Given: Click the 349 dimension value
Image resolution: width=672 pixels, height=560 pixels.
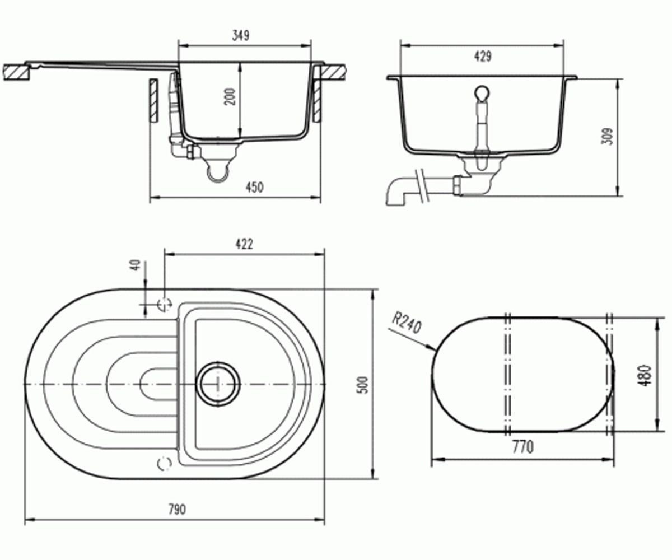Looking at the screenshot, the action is tap(241, 35).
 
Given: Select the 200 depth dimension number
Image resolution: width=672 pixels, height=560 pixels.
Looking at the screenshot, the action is tap(230, 96).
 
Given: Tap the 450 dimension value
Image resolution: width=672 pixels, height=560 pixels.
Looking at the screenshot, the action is tap(255, 187).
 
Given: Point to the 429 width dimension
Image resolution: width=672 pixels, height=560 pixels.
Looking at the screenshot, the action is tap(483, 57).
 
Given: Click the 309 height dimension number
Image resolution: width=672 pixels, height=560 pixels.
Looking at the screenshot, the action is tap(607, 137).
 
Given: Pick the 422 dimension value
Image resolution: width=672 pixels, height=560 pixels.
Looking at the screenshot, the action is tap(244, 244).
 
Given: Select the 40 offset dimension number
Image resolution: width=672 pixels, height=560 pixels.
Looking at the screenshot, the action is tap(137, 265).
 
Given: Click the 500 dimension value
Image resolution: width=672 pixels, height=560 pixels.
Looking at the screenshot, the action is tap(363, 385).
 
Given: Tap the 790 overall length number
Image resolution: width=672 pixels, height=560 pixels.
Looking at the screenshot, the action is tap(177, 510).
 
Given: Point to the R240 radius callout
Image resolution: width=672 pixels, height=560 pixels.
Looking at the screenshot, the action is tap(406, 324).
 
